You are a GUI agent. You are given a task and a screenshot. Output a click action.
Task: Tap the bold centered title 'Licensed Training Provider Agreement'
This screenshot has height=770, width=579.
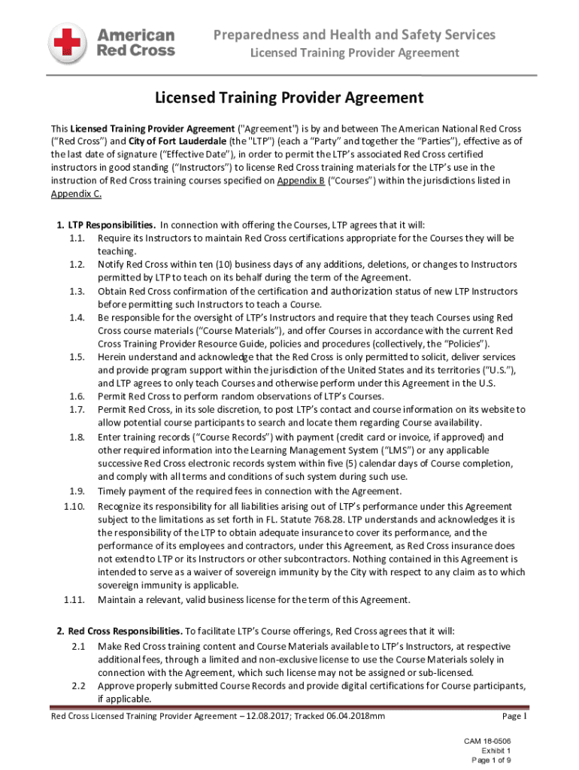pyautogui.click(x=289, y=98)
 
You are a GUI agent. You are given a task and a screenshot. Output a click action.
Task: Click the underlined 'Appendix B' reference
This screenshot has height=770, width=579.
pyautogui.click(x=301, y=180)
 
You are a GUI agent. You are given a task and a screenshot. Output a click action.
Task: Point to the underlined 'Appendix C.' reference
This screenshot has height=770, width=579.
pyautogui.click(x=76, y=193)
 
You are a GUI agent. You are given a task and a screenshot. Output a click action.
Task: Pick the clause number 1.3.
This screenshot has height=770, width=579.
pyautogui.click(x=76, y=291)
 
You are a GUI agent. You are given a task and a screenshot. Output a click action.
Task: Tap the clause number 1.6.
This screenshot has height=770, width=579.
pyautogui.click(x=76, y=396)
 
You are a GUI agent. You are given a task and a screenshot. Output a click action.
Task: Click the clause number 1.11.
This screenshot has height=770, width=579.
pyautogui.click(x=74, y=599)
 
